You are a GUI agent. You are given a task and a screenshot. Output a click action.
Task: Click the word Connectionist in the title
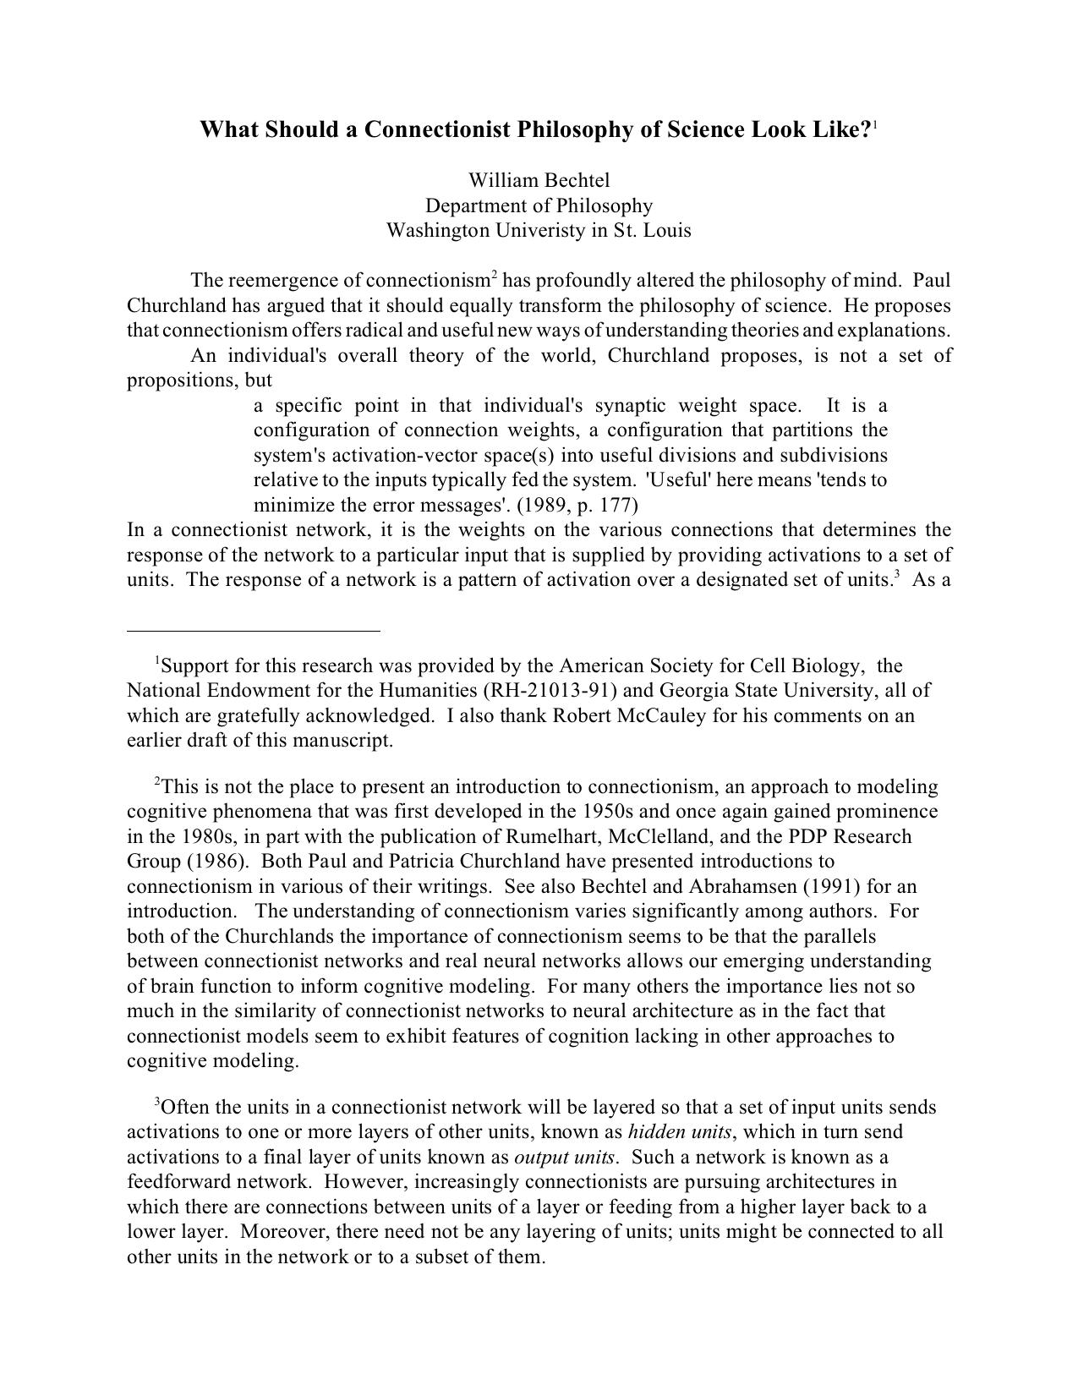pos(438,129)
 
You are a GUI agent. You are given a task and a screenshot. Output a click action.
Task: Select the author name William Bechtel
pos(539,180)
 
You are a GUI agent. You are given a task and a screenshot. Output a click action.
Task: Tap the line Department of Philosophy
pos(539,205)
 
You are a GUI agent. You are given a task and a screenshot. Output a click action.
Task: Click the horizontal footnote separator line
pos(254,630)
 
